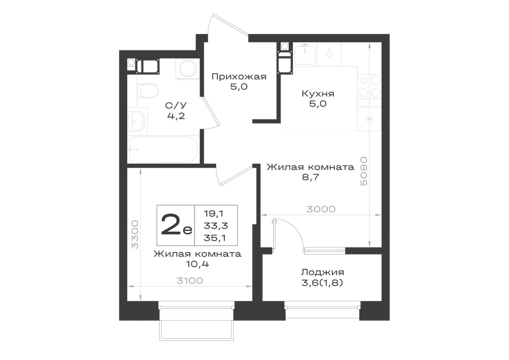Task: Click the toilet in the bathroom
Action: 148,91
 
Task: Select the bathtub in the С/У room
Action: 163,150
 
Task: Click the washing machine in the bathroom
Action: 187,69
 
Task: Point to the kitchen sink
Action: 304,54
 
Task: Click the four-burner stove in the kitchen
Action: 370,87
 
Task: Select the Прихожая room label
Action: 239,76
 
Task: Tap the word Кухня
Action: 318,94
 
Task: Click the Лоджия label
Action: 322,272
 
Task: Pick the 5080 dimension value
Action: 364,171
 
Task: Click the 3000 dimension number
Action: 321,209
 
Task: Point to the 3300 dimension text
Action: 135,234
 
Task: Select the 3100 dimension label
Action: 189,281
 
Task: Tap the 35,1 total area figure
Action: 215,238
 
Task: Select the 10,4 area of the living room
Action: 197,264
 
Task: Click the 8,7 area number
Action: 310,177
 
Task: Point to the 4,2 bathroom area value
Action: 176,116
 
